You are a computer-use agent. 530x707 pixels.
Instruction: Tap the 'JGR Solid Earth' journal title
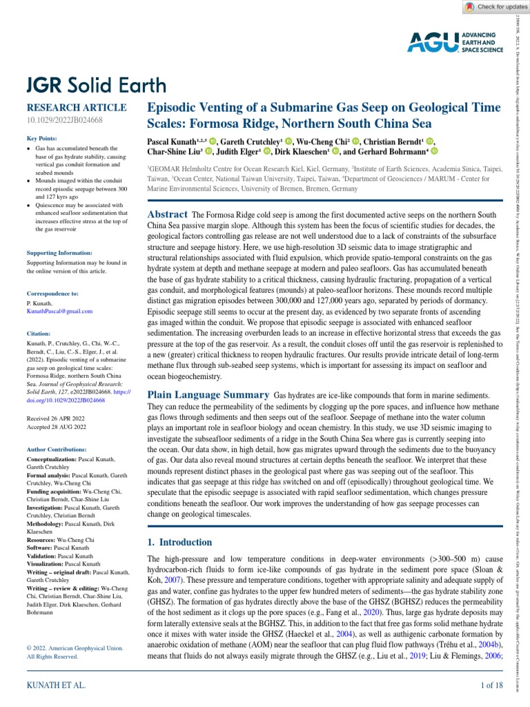click(x=96, y=85)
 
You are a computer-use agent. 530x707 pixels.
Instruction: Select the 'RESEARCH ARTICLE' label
click(x=76, y=108)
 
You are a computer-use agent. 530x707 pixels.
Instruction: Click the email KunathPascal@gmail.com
click(x=59, y=311)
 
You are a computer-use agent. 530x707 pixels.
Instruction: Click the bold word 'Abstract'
click(x=168, y=195)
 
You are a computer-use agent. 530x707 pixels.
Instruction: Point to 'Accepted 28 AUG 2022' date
click(x=57, y=427)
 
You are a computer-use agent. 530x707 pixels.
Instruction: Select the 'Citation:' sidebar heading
click(x=40, y=333)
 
